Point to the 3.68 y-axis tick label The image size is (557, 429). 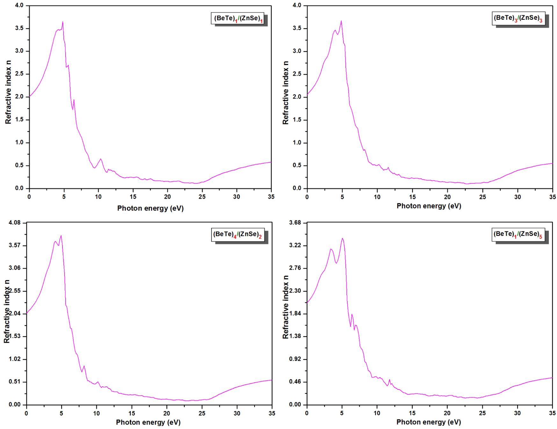(x=294, y=223)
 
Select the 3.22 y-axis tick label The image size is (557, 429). (x=294, y=246)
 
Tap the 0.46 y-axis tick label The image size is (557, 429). (x=294, y=382)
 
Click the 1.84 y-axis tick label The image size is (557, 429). (x=294, y=314)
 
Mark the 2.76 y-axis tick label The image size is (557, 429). (x=294, y=268)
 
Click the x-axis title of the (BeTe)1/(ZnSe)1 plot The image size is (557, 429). (x=150, y=209)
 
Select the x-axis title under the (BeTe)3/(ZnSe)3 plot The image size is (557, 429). (x=429, y=206)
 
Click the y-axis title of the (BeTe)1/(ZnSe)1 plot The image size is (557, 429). (x=8, y=92)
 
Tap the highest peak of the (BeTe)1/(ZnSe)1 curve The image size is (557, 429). (x=63, y=22)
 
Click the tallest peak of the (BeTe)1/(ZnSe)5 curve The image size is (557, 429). (x=342, y=238)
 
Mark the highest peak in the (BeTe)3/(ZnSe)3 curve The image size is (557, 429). (x=341, y=21)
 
